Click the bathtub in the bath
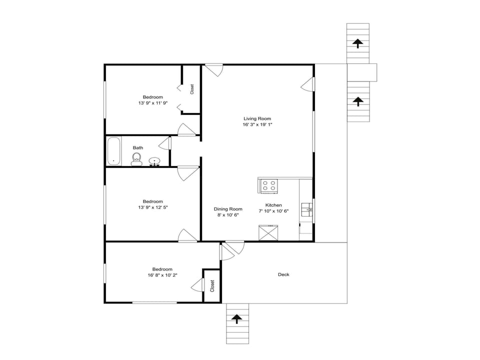[114, 151]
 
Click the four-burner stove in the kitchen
[268, 186]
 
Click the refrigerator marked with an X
[268, 233]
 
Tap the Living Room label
[257, 118]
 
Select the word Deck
[283, 274]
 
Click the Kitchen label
[273, 205]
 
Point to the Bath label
[138, 147]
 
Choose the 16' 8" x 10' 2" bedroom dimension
[162, 275]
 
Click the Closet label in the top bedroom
[192, 89]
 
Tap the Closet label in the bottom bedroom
[212, 286]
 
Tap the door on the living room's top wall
[214, 70]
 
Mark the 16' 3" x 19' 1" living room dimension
[257, 124]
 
